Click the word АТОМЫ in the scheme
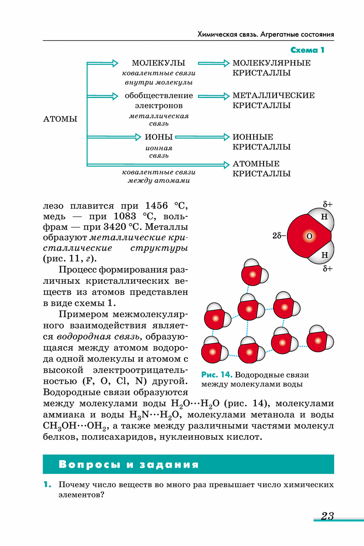60,119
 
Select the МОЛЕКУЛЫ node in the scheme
159,63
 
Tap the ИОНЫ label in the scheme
159,137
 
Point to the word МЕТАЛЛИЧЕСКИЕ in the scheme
274,96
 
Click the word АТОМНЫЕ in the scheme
256,164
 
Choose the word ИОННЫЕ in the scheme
253,137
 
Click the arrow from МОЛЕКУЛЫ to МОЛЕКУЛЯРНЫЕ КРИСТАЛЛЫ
213,63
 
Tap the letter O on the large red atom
309,236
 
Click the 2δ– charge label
279,236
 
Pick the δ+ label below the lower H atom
327,268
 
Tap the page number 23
327,516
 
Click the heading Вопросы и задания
129,464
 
